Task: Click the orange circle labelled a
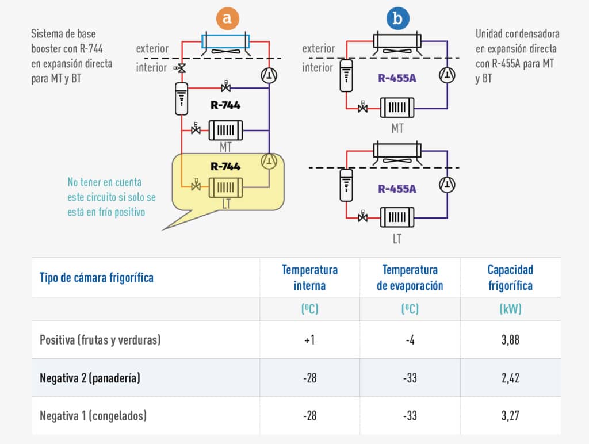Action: point(228,18)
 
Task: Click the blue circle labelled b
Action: point(397,18)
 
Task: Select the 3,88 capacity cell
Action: point(510,340)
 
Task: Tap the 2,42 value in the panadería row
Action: point(510,378)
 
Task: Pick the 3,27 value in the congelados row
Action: point(510,415)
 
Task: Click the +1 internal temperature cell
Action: point(309,340)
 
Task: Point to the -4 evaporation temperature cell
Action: point(410,340)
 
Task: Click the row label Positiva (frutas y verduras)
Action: point(100,340)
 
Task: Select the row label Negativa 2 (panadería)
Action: point(90,378)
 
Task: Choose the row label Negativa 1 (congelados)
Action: point(93,415)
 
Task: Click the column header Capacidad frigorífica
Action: point(510,277)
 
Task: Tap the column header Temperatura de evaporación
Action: point(410,277)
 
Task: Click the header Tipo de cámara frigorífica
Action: point(96,278)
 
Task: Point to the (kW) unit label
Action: point(510,309)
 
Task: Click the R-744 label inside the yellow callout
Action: point(225,167)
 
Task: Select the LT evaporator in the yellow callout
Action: point(225,186)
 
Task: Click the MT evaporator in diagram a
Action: point(225,129)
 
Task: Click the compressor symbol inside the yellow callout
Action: point(269,161)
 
